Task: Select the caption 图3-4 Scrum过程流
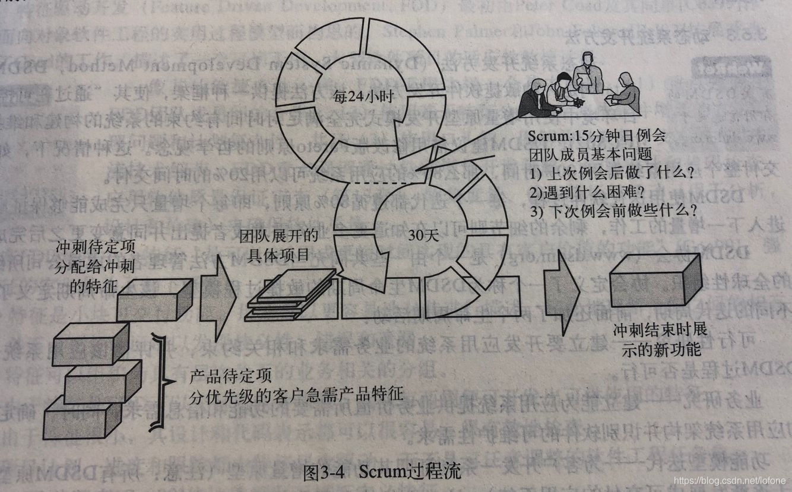(381, 474)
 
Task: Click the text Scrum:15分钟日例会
(596, 136)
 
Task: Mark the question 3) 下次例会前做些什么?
(613, 211)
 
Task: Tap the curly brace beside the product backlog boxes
(160, 380)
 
